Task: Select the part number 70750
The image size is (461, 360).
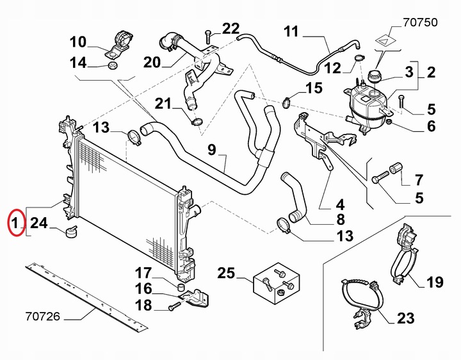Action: [x=420, y=22]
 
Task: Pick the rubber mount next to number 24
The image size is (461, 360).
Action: [x=70, y=231]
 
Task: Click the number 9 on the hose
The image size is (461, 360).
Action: [x=212, y=152]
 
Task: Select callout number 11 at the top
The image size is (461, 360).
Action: [x=291, y=31]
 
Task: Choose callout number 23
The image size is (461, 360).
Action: [x=405, y=318]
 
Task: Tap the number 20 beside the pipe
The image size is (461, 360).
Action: [x=152, y=62]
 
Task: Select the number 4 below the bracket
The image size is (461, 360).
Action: [x=339, y=205]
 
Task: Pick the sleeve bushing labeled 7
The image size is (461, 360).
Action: [x=395, y=168]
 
